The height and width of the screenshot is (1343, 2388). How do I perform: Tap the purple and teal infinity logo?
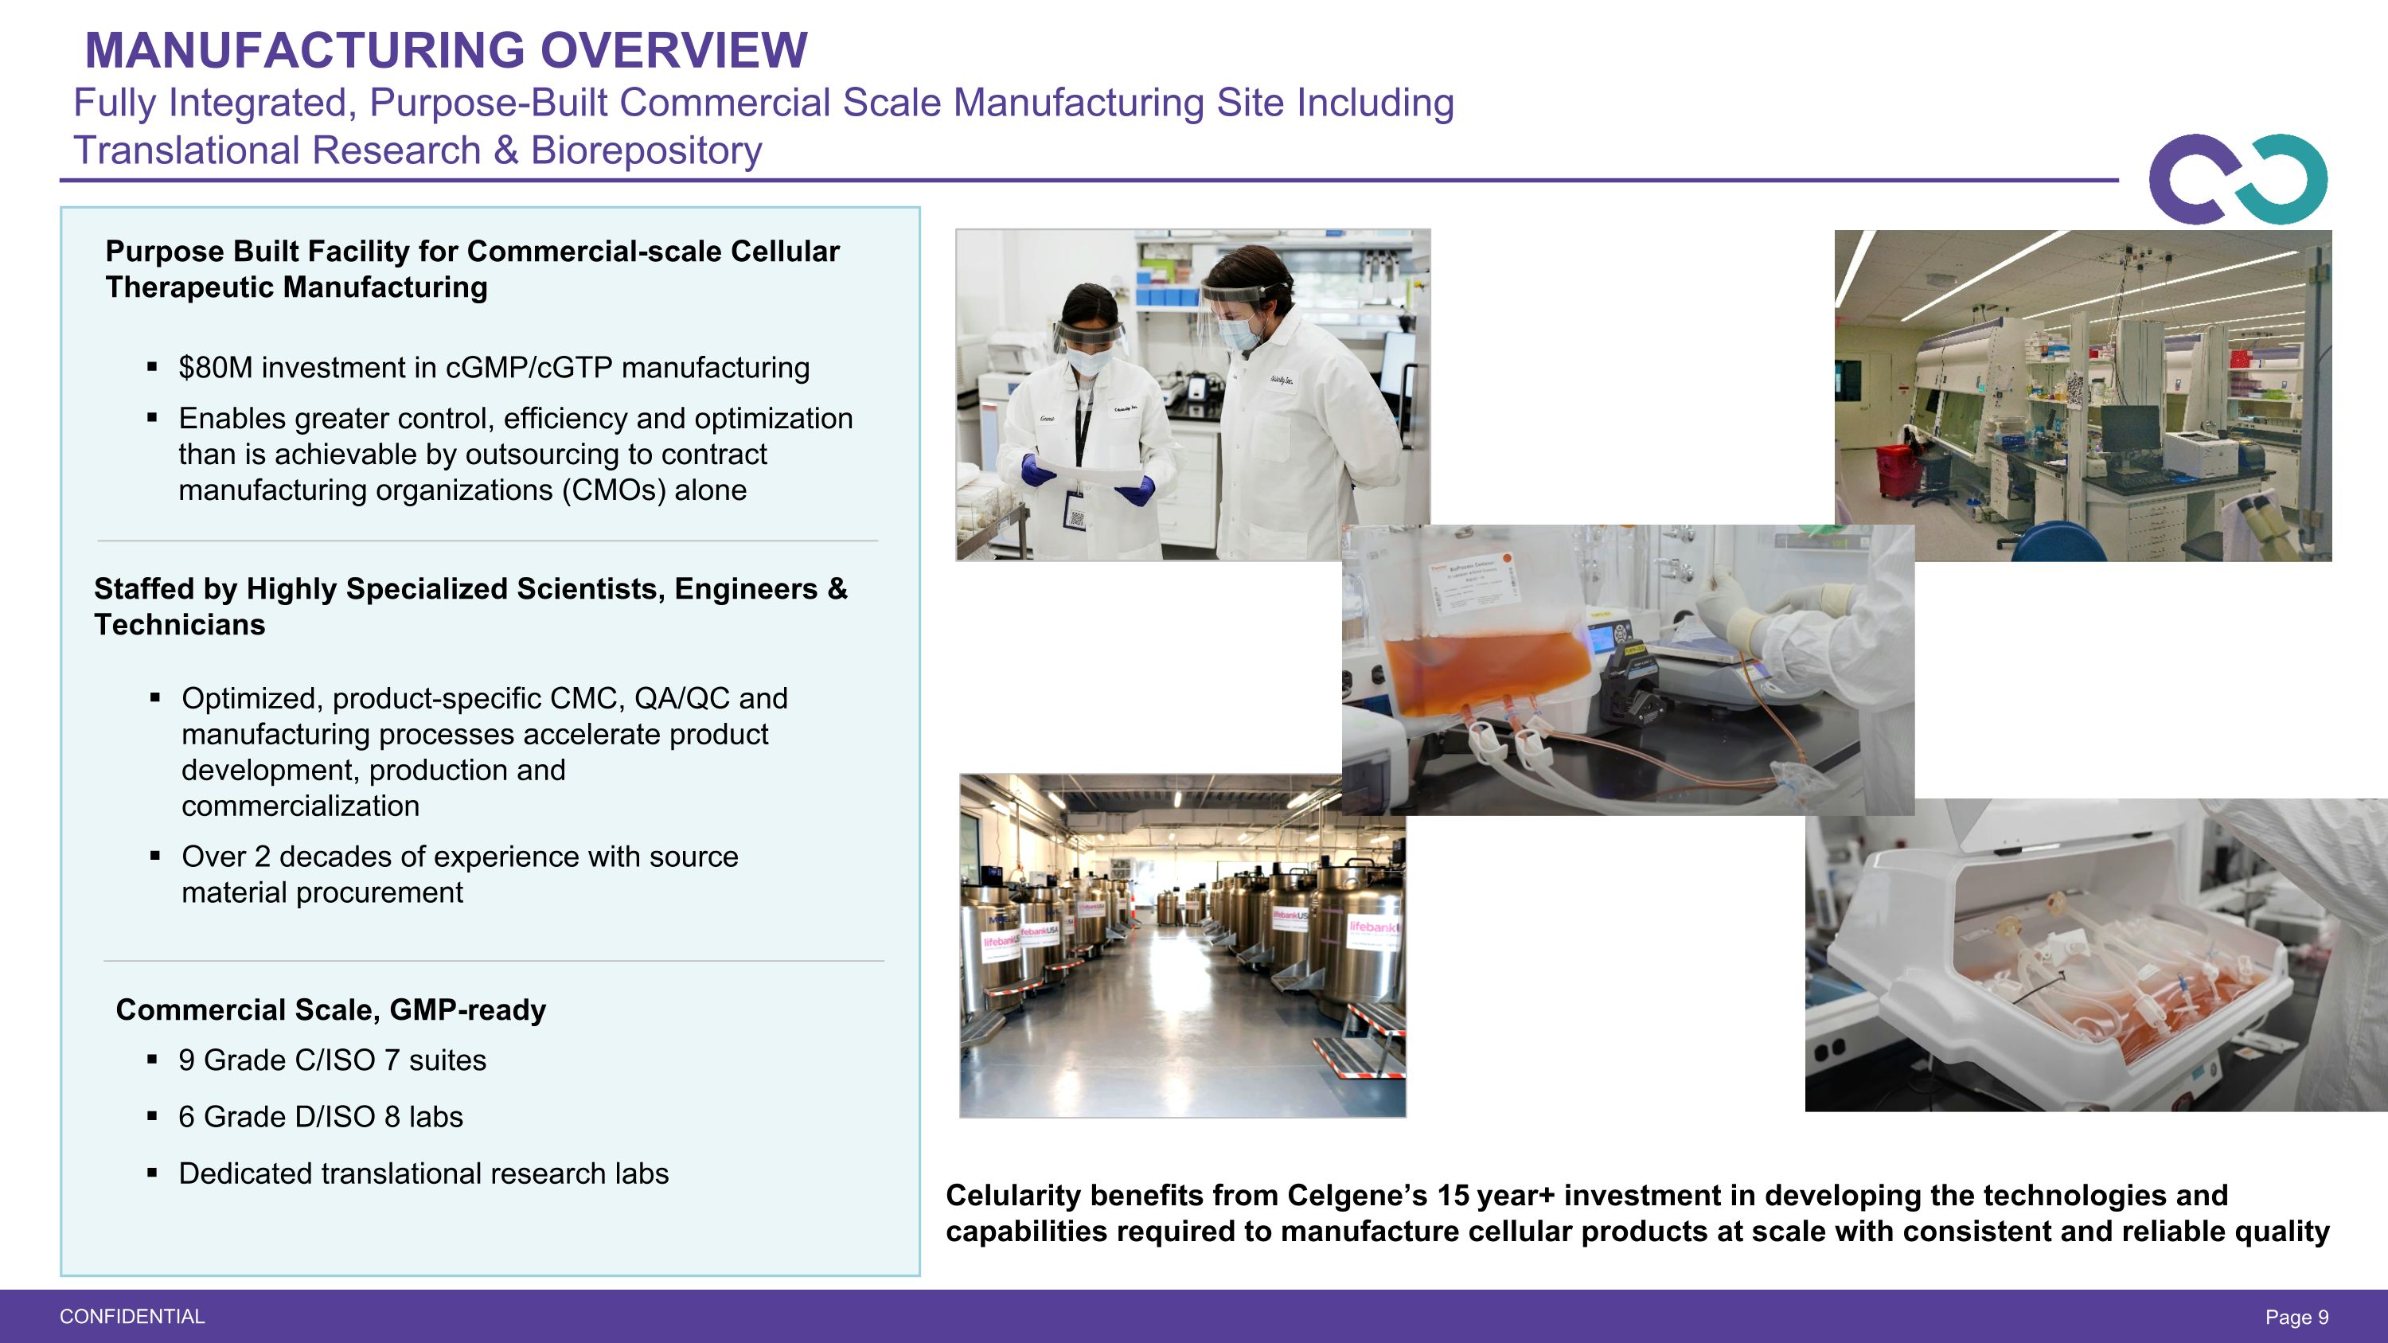[x=2237, y=180]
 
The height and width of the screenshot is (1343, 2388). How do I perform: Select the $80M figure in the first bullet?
[x=215, y=368]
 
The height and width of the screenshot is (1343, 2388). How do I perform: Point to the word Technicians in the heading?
[x=179, y=626]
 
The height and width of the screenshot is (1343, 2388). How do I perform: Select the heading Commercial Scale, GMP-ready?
[x=330, y=1010]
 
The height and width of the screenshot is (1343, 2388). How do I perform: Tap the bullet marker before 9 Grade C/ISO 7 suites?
[x=153, y=1060]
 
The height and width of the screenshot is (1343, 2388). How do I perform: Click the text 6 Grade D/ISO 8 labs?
[x=320, y=1117]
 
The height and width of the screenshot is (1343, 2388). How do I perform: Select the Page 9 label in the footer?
[x=2296, y=1317]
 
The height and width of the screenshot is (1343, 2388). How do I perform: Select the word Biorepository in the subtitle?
[x=646, y=151]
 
